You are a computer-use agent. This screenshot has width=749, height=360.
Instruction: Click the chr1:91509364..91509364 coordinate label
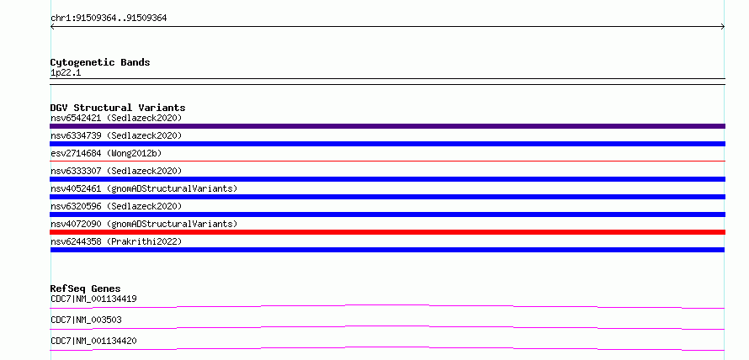point(109,19)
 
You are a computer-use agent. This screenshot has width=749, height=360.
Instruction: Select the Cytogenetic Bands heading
point(100,62)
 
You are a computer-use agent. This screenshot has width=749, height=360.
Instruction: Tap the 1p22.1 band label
point(66,73)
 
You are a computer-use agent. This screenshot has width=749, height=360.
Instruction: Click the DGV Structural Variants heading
point(118,108)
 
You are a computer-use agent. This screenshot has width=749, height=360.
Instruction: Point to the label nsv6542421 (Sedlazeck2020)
point(116,118)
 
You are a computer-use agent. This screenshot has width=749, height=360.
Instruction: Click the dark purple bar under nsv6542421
point(387,126)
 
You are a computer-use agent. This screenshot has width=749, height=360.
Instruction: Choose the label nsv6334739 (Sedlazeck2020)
point(116,135)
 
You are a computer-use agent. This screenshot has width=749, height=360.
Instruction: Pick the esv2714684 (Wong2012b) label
point(106,153)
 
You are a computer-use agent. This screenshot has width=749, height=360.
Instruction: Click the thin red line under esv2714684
point(387,161)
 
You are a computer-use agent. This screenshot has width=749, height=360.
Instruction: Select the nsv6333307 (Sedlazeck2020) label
point(116,171)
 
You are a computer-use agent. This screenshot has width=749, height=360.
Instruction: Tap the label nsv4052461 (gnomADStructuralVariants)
point(144,188)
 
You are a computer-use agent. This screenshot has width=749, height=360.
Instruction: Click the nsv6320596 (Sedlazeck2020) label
point(116,206)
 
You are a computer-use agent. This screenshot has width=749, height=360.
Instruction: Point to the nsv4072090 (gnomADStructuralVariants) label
point(144,224)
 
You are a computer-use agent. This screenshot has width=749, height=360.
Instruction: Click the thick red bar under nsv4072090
point(387,232)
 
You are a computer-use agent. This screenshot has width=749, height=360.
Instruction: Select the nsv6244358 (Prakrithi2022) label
point(116,241)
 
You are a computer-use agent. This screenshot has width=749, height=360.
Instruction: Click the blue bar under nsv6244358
point(387,250)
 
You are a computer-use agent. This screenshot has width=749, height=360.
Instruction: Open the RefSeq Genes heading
point(86,289)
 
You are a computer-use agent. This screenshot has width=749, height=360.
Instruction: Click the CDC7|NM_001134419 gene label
point(93,299)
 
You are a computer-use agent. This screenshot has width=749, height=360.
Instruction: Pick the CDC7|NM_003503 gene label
point(86,320)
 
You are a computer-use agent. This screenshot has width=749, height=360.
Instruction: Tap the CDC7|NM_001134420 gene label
point(93,341)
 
